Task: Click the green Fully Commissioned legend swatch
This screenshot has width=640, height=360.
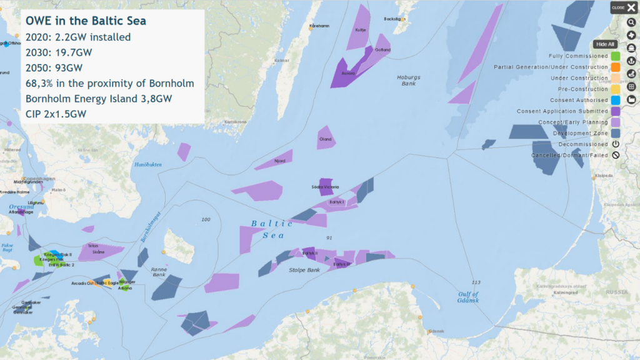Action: point(615,56)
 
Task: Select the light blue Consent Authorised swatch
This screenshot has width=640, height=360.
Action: point(615,100)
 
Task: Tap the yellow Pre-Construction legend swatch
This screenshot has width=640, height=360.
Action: point(615,89)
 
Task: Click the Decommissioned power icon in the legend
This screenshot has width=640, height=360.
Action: point(615,144)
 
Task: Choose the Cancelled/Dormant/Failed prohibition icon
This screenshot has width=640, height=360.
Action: point(615,155)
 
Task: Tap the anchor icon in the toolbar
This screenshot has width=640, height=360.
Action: point(631,61)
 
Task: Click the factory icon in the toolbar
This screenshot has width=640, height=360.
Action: point(631,99)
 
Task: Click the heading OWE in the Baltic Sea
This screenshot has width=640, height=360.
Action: point(86,21)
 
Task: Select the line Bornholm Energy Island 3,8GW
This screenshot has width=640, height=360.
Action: point(99,98)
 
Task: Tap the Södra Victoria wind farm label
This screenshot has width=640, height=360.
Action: point(325,187)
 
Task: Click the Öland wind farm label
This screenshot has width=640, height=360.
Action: point(325,139)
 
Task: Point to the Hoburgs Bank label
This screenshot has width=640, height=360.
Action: point(409,81)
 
